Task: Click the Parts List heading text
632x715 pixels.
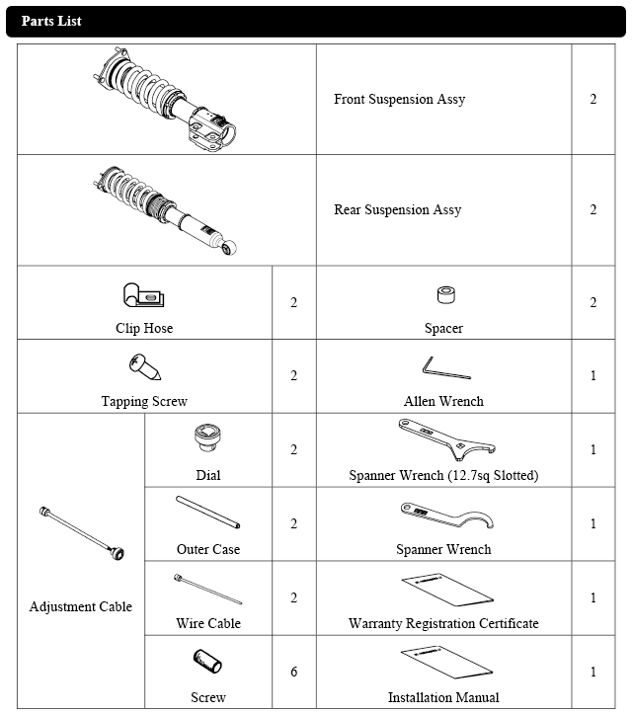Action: [51, 21]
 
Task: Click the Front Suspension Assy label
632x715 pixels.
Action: [399, 100]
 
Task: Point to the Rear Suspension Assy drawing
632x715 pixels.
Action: [166, 209]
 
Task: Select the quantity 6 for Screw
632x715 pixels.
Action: [293, 672]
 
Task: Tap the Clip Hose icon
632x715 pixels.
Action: [144, 295]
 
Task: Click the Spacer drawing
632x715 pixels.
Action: [443, 295]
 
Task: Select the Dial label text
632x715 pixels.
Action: [207, 475]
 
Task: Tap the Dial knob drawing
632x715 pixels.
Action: [207, 437]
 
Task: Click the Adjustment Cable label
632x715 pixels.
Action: [81, 606]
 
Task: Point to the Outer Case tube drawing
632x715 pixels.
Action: [207, 513]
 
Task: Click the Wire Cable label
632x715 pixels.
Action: [208, 623]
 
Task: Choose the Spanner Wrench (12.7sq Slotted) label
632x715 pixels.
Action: [443, 475]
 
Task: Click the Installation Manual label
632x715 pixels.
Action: [443, 697]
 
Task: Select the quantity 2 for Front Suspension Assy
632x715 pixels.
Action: [592, 100]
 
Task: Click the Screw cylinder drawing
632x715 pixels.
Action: [208, 661]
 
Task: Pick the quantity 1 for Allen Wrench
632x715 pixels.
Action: [592, 375]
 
